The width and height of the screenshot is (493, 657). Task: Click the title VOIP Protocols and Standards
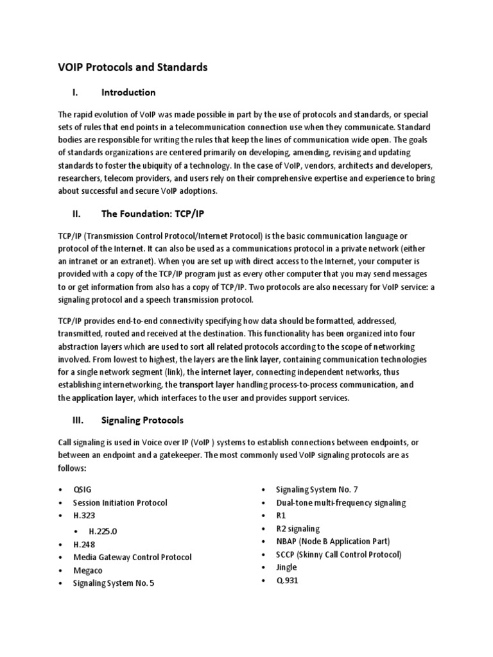click(x=132, y=67)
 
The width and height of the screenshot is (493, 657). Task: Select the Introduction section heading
click(x=128, y=92)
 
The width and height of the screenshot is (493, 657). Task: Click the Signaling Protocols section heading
click(x=143, y=420)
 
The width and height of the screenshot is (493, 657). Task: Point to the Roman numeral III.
click(x=74, y=420)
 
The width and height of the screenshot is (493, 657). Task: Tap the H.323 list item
click(x=85, y=516)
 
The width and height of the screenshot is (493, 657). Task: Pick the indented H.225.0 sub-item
click(x=104, y=531)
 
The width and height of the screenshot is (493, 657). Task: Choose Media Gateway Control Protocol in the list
click(x=132, y=557)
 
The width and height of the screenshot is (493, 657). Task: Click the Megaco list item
click(x=88, y=570)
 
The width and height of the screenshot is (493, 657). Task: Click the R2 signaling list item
click(x=298, y=529)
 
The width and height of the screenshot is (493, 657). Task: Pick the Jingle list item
click(x=287, y=567)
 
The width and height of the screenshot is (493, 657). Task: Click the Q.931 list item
click(x=287, y=581)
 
